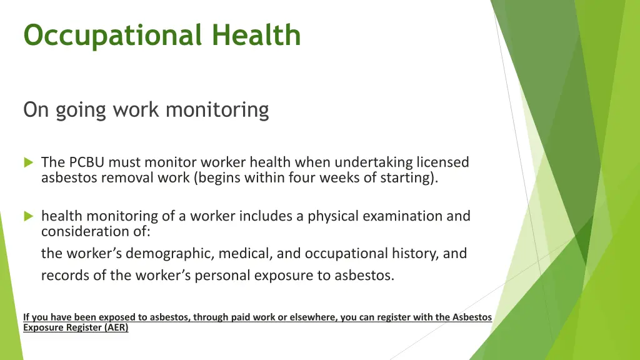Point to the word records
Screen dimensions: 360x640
65,276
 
